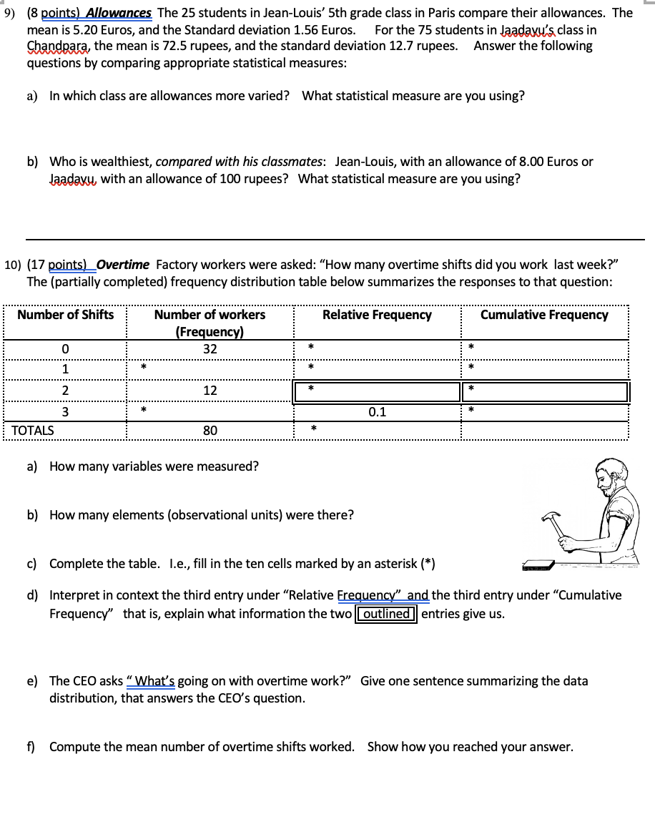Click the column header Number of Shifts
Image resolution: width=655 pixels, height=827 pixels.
tap(65, 315)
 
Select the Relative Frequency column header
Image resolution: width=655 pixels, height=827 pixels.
tap(377, 315)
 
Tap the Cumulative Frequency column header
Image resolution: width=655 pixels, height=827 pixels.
tap(544, 315)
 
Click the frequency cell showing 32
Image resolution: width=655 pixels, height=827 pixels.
tap(210, 349)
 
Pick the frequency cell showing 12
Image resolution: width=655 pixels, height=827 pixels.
tap(210, 391)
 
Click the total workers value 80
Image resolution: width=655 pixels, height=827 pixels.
tap(210, 431)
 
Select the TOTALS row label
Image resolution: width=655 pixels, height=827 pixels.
tap(33, 431)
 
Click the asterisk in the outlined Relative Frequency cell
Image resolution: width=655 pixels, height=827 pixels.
tap(311, 389)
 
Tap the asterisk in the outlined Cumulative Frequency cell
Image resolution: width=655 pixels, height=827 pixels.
tap(471, 389)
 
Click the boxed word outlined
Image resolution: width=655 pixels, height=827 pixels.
tap(386, 614)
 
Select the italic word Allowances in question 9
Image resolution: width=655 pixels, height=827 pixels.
tap(120, 13)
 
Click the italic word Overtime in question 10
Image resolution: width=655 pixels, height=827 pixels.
tap(123, 265)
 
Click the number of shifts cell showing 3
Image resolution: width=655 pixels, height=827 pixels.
tap(65, 411)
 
